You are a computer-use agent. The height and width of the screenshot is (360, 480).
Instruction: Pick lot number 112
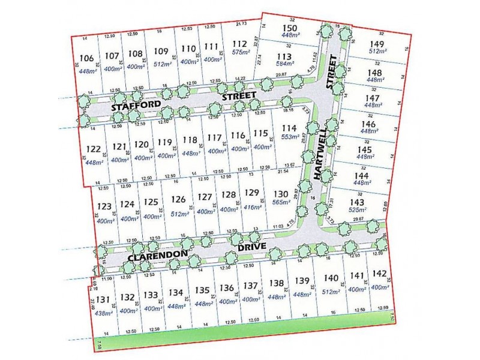tap(240, 43)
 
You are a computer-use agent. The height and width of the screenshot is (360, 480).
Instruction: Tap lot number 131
tap(103, 300)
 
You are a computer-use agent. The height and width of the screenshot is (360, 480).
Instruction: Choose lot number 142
tap(379, 274)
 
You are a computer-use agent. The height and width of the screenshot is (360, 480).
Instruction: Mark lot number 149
tap(377, 43)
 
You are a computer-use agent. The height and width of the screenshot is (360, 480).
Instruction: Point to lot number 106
tap(86, 58)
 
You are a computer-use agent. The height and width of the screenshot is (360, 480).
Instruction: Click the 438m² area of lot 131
tap(103, 313)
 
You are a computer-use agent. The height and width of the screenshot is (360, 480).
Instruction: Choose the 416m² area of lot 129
tap(253, 207)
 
